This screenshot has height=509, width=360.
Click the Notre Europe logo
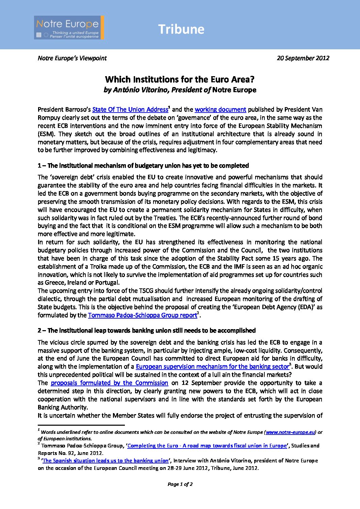pyautogui.click(x=69, y=28)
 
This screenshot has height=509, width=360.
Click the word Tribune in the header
pyautogui.click(x=181, y=29)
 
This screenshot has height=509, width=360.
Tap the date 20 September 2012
pyautogui.click(x=303, y=58)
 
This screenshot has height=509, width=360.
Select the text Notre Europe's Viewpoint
pyautogui.click(x=72, y=58)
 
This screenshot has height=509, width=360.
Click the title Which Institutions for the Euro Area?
pyautogui.click(x=180, y=80)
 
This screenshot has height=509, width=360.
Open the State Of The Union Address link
pyautogui.click(x=130, y=109)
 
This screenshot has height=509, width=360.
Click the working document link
pyautogui.click(x=220, y=109)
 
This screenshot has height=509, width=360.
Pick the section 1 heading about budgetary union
pyautogui.click(x=143, y=166)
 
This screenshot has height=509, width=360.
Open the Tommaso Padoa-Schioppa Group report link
pyautogui.click(x=143, y=315)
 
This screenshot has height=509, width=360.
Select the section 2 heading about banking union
pyautogui.click(x=147, y=330)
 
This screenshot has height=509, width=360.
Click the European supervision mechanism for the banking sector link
pyautogui.click(x=212, y=367)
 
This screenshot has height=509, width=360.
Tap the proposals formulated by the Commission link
pyautogui.click(x=109, y=383)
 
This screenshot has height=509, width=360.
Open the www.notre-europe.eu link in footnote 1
pyautogui.click(x=290, y=432)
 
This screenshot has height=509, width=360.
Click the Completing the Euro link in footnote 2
pyautogui.click(x=207, y=446)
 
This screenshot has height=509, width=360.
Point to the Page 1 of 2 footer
pyautogui.click(x=180, y=484)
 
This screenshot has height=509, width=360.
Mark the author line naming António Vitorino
pyautogui.click(x=180, y=90)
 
